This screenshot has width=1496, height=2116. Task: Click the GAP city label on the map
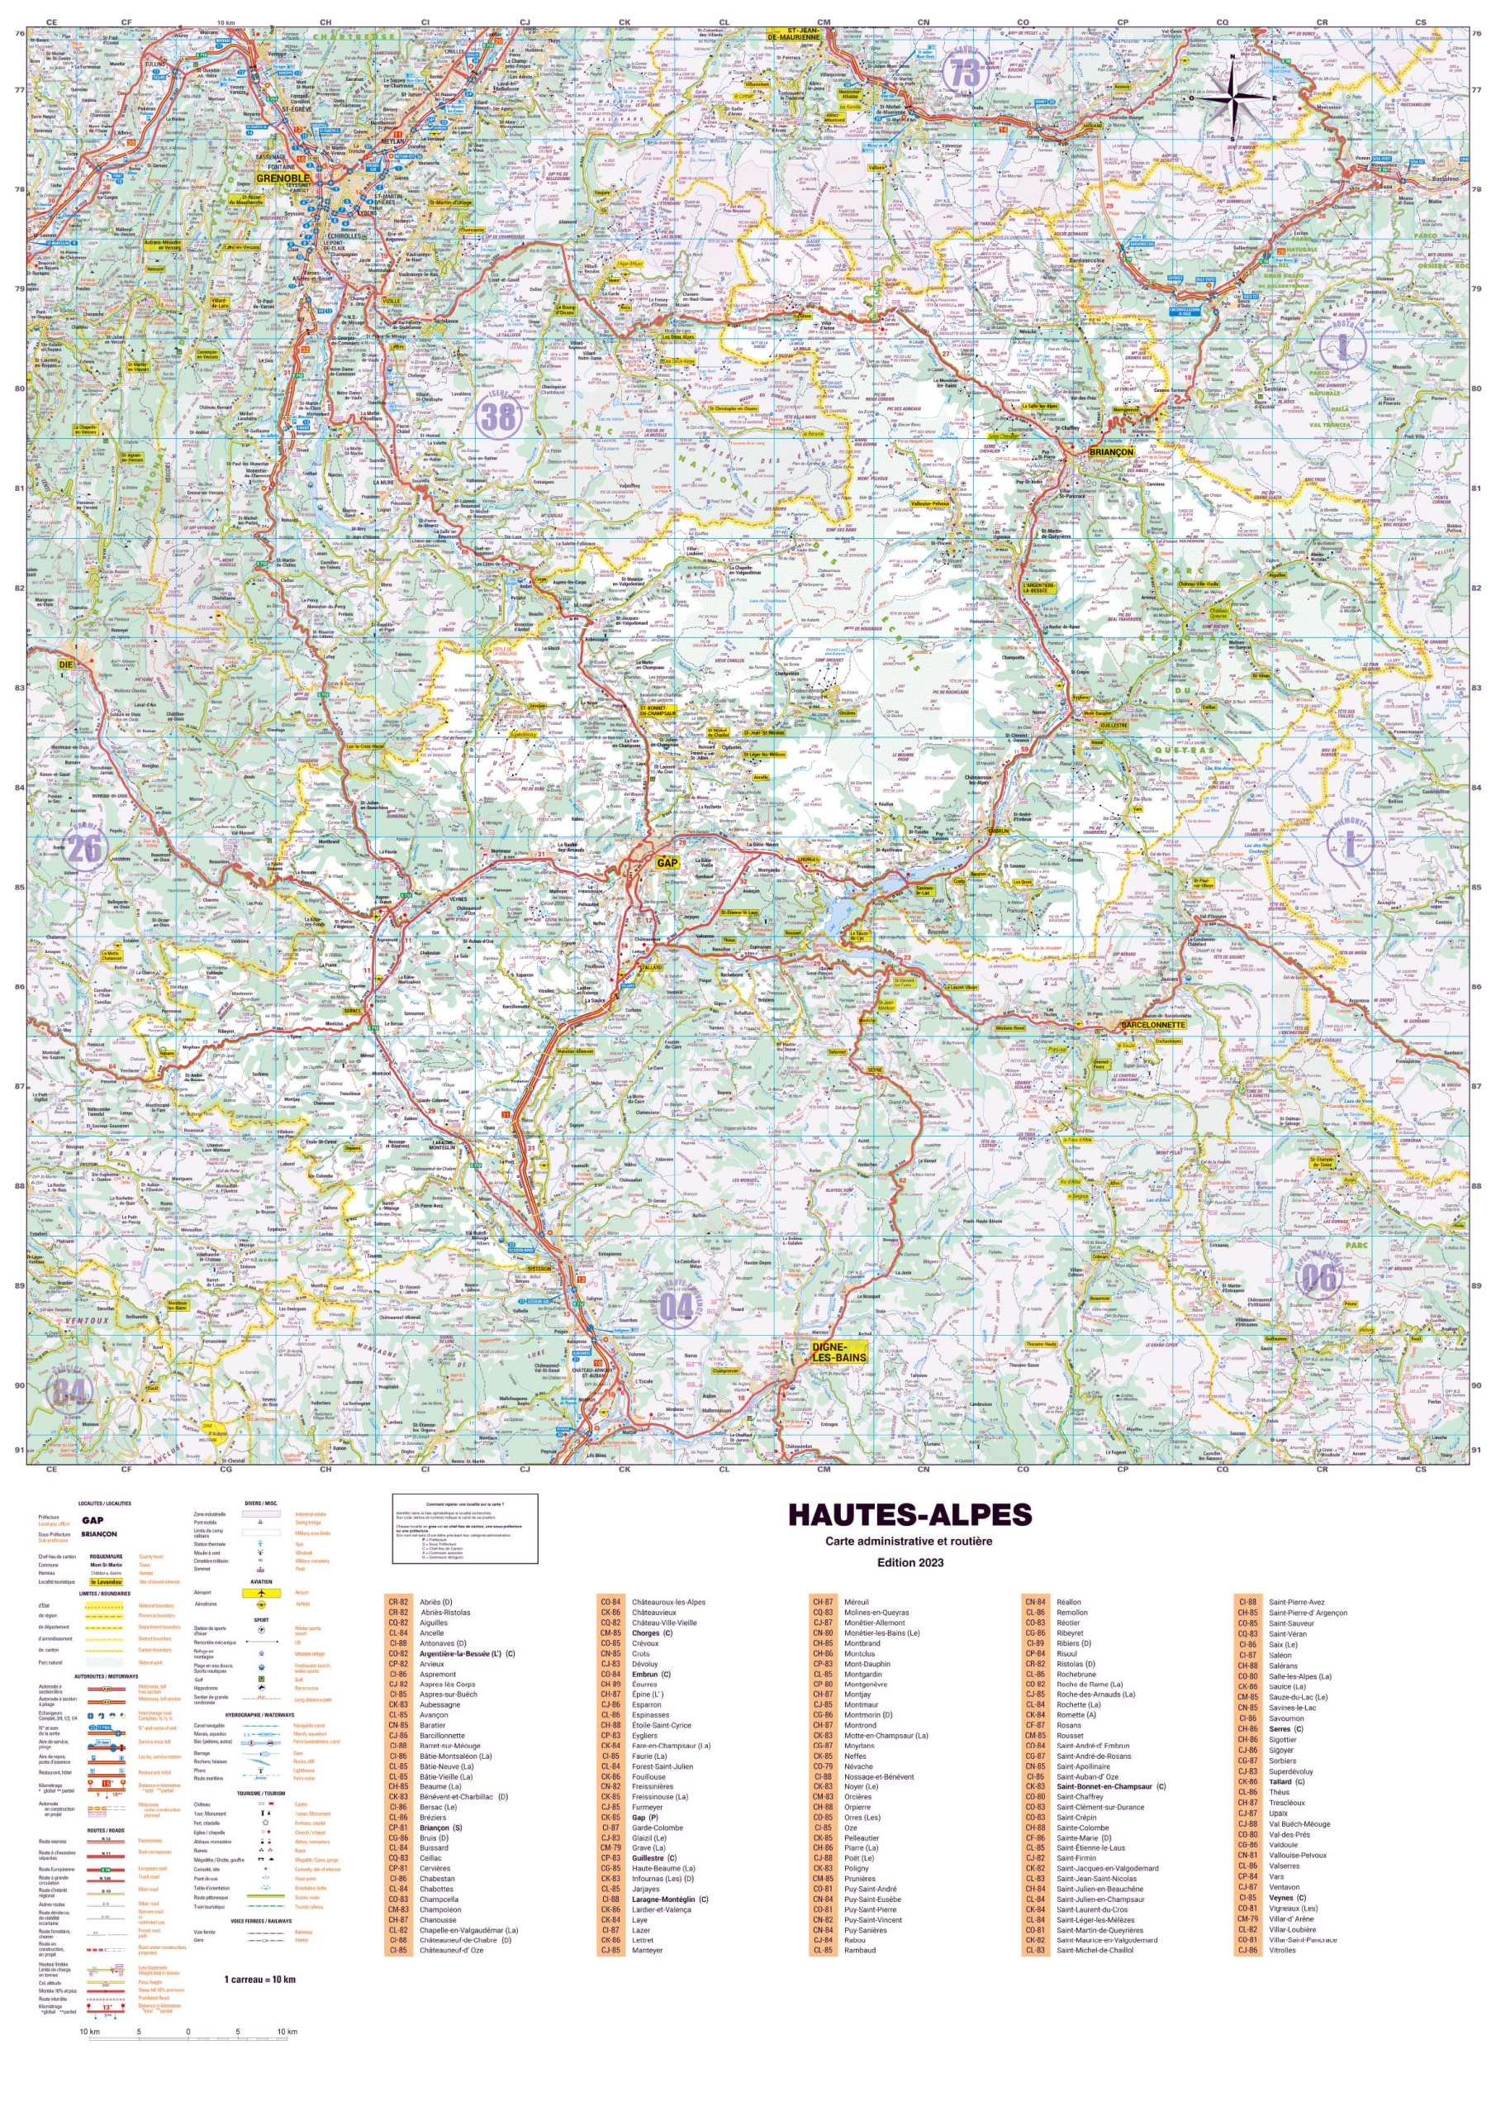pyautogui.click(x=667, y=864)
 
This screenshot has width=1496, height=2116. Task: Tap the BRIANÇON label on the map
pyautogui.click(x=1111, y=452)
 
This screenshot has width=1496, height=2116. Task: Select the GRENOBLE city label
pyautogui.click(x=283, y=179)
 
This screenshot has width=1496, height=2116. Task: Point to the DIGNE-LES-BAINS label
pyautogui.click(x=839, y=1352)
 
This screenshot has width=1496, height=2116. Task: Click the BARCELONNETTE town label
pyautogui.click(x=1152, y=1025)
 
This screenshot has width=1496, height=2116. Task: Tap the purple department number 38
pyautogui.click(x=498, y=417)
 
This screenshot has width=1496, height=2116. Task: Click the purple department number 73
pyautogui.click(x=965, y=73)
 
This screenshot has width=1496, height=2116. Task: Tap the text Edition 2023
pyautogui.click(x=909, y=1562)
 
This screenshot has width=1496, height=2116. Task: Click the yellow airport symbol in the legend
pyautogui.click(x=261, y=1593)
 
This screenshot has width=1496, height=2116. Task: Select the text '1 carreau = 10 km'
pyautogui.click(x=259, y=1979)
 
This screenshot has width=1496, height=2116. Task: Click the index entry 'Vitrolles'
pyautogui.click(x=1282, y=1950)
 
